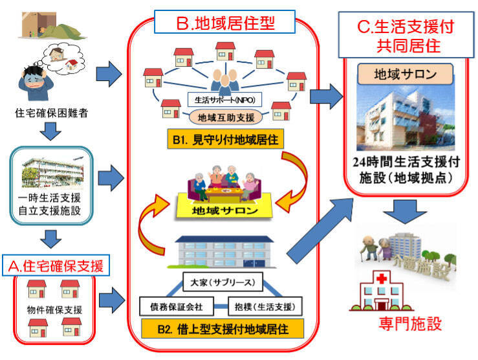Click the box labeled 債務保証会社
(x=172, y=304)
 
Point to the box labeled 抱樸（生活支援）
(x=265, y=304)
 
